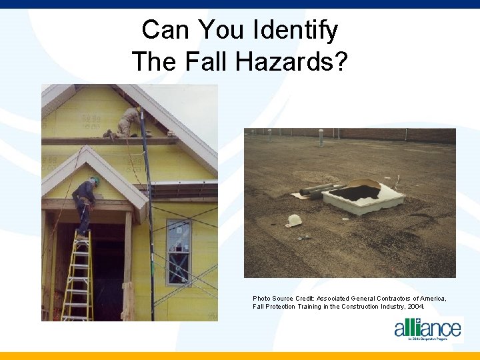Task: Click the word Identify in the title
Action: coord(295,30)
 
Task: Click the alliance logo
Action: coord(427,329)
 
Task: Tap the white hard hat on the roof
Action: coord(294,220)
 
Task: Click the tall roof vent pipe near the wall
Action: coord(321,137)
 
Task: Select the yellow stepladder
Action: coord(77,277)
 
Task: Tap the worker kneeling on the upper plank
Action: coord(127,123)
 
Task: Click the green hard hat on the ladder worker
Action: coord(95,180)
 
